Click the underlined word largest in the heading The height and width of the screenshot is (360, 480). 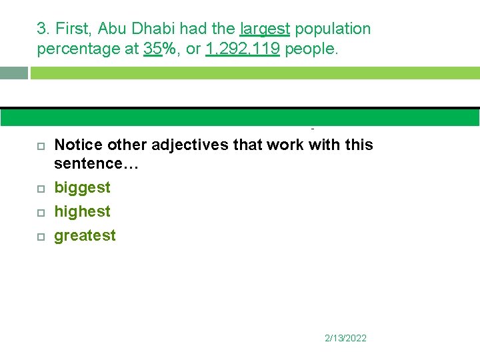pyautogui.click(x=264, y=29)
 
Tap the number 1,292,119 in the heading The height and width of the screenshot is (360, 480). pyautogui.click(x=243, y=49)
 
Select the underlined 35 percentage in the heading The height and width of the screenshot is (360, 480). pyautogui.click(x=153, y=49)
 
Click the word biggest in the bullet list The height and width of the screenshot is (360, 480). pyautogui.click(x=82, y=187)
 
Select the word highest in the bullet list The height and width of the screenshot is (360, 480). pyautogui.click(x=82, y=211)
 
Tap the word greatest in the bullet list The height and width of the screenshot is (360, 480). pyautogui.click(x=85, y=235)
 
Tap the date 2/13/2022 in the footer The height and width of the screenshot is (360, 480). pyautogui.click(x=345, y=338)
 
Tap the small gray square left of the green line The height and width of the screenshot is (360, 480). pyautogui.click(x=14, y=73)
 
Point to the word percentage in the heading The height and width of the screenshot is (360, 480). pyautogui.click(x=73, y=49)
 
